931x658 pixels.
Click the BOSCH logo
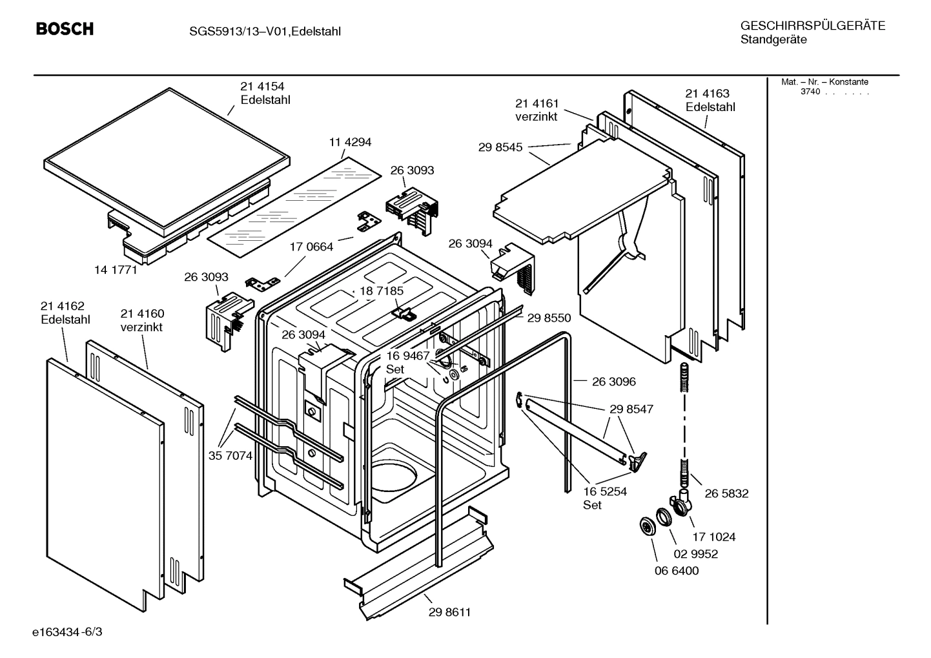click(x=65, y=29)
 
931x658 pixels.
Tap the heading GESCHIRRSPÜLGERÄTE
click(x=812, y=26)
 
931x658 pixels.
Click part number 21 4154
click(x=262, y=87)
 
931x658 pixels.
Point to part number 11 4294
click(x=350, y=142)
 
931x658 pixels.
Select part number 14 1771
click(x=116, y=270)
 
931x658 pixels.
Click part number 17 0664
click(x=311, y=247)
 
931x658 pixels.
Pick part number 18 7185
click(x=381, y=291)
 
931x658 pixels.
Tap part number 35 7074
click(x=230, y=455)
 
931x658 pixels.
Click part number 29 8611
click(x=449, y=612)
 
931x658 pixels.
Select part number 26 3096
click(x=613, y=382)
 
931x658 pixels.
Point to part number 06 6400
click(x=677, y=571)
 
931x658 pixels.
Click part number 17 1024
click(x=713, y=537)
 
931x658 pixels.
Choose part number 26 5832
click(x=726, y=493)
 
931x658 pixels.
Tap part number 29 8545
click(x=500, y=147)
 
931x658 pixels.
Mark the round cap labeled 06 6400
click(x=645, y=526)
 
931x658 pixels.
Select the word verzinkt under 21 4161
click(x=536, y=117)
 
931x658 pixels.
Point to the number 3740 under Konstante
click(x=810, y=92)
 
